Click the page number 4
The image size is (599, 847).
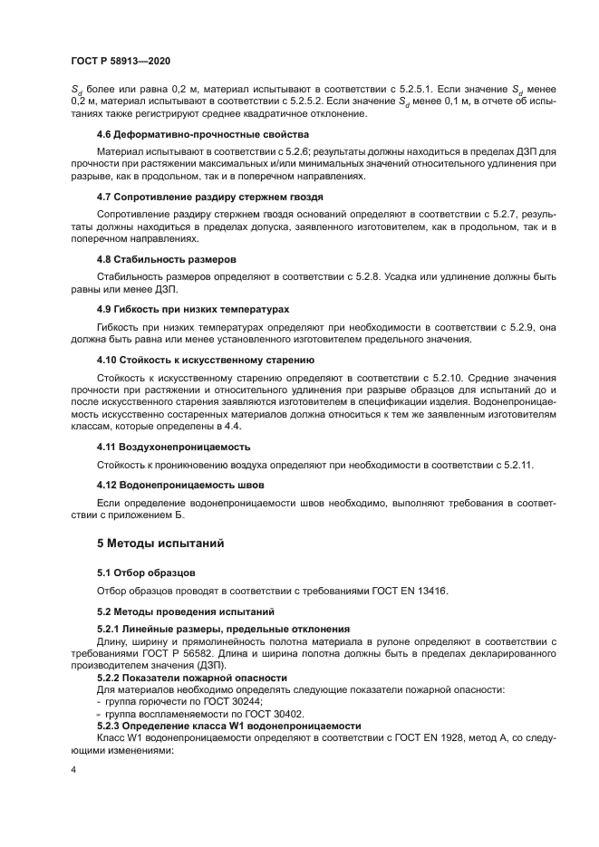pyautogui.click(x=73, y=770)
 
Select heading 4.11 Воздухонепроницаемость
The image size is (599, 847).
pyautogui.click(x=174, y=447)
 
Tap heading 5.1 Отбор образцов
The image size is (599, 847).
pyautogui.click(x=146, y=573)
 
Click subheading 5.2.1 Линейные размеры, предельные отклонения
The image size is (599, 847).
pyautogui.click(x=223, y=629)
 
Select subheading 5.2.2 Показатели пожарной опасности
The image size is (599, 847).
pyautogui.click(x=192, y=677)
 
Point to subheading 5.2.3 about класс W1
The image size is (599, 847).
pyautogui.click(x=229, y=725)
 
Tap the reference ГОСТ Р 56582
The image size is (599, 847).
pyautogui.click(x=201, y=653)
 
